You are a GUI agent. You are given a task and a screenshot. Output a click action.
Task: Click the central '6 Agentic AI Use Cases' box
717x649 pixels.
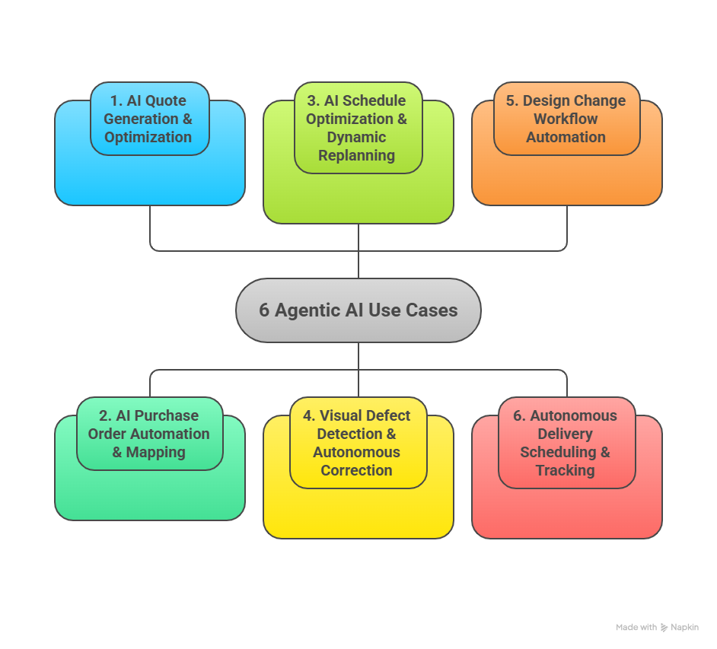point(358,310)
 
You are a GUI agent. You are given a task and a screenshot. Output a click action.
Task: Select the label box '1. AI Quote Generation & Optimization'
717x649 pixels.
point(149,119)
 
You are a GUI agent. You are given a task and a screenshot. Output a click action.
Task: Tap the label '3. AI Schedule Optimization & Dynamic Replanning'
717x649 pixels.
point(356,128)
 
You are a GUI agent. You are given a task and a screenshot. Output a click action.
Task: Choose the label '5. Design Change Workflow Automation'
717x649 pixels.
point(566,119)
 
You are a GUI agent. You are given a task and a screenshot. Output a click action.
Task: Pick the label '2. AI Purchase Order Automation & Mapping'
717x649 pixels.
point(149,434)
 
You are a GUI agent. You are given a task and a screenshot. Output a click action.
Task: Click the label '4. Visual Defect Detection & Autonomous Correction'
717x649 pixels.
point(357,443)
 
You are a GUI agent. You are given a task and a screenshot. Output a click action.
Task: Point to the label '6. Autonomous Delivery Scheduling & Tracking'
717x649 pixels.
point(566,443)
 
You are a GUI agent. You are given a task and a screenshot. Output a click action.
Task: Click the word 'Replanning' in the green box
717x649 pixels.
point(356,156)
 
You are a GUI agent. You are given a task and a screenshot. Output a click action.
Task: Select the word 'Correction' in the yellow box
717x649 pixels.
point(356,470)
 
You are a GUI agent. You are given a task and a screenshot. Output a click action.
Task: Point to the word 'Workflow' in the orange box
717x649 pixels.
point(566,119)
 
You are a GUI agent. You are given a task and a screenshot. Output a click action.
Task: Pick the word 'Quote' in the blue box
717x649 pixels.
point(166,100)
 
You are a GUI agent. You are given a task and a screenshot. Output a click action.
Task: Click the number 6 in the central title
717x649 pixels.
point(264,310)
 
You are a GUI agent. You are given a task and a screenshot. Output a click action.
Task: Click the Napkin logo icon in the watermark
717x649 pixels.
point(664,628)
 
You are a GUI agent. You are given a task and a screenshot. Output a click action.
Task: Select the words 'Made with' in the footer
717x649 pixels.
point(636,628)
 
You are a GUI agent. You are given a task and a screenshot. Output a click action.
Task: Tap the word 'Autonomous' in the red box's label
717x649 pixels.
point(573,415)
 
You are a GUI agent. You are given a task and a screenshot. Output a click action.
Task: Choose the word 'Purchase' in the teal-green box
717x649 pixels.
point(167,415)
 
